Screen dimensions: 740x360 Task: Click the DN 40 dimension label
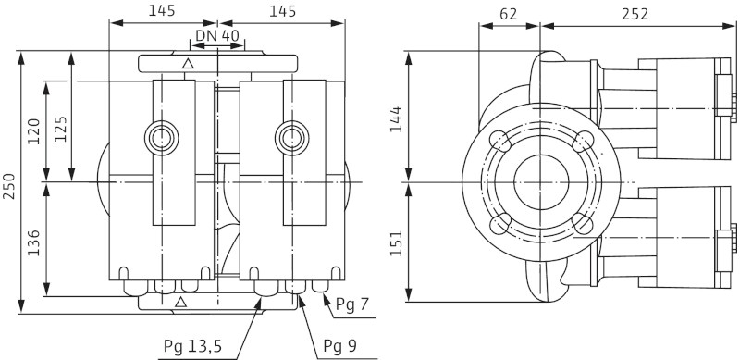[x=217, y=35]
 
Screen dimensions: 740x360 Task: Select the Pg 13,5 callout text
[x=192, y=346]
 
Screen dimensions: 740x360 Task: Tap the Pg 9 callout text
[x=339, y=346]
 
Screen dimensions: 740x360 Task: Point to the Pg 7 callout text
[x=351, y=304]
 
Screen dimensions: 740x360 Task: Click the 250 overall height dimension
[x=9, y=186]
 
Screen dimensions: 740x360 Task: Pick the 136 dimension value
[x=33, y=242]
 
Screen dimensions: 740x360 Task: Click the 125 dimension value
[x=60, y=129]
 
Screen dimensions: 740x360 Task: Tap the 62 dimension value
[x=508, y=14]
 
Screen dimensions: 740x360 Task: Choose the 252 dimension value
[x=635, y=14]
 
